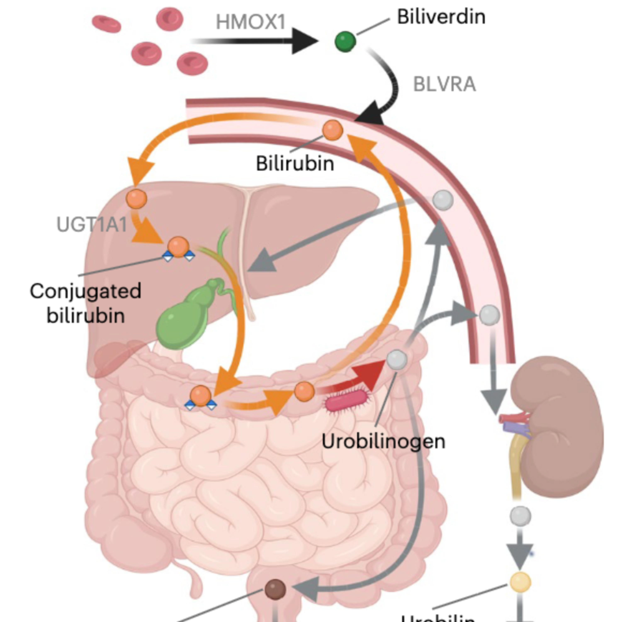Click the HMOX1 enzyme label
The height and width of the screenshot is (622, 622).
[250, 22]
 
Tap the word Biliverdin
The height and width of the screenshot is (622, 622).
[441, 17]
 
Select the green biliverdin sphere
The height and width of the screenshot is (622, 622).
[345, 41]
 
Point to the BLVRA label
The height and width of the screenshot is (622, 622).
[444, 85]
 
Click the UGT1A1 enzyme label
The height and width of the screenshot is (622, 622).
[92, 224]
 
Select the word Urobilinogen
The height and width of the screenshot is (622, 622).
[383, 442]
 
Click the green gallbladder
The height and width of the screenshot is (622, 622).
[180, 319]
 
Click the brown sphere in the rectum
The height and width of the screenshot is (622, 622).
[275, 589]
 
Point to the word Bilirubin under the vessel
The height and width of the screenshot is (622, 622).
[295, 164]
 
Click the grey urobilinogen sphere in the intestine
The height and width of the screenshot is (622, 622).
[397, 359]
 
